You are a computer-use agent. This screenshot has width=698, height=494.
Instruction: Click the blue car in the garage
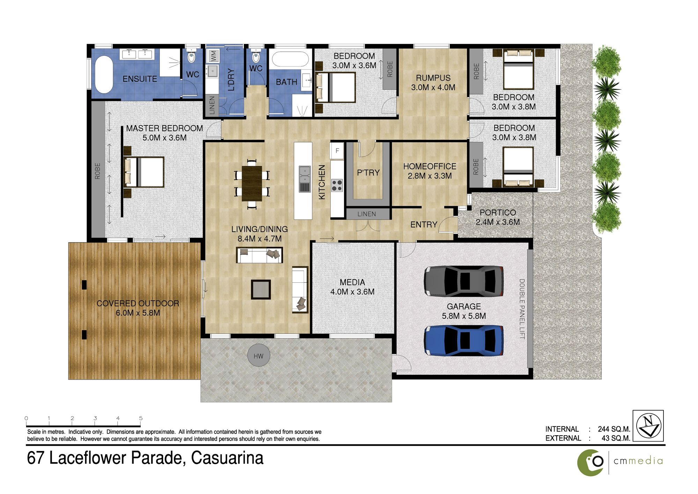pyautogui.click(x=464, y=340)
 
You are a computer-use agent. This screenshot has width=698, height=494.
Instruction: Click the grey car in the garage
pyautogui.click(x=464, y=281)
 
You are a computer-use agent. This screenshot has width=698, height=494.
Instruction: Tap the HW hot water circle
pyautogui.click(x=259, y=356)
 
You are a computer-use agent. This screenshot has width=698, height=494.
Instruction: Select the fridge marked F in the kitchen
pyautogui.click(x=337, y=151)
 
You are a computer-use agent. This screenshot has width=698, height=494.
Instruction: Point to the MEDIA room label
pyautogui.click(x=352, y=282)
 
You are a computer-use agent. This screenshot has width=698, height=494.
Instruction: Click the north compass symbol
pyautogui.click(x=648, y=426)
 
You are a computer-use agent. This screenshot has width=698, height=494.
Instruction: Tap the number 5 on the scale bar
pyautogui.click(x=141, y=418)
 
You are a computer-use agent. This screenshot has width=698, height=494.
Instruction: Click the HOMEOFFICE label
pyautogui.click(x=430, y=166)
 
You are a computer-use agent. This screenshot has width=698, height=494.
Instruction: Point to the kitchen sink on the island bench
pyautogui.click(x=304, y=179)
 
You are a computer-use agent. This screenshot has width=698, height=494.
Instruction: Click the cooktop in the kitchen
pyautogui.click(x=337, y=185)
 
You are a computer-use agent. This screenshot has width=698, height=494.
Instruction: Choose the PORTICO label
pyautogui.click(x=498, y=212)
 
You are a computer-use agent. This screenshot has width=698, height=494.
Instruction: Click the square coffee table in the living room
pyautogui.click(x=261, y=289)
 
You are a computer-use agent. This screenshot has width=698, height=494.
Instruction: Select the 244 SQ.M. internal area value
pyautogui.click(x=614, y=429)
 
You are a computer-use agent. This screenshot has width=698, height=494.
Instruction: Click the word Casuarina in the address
pyautogui.click(x=227, y=458)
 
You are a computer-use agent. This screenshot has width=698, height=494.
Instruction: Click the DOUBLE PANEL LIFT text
pyautogui.click(x=522, y=309)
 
